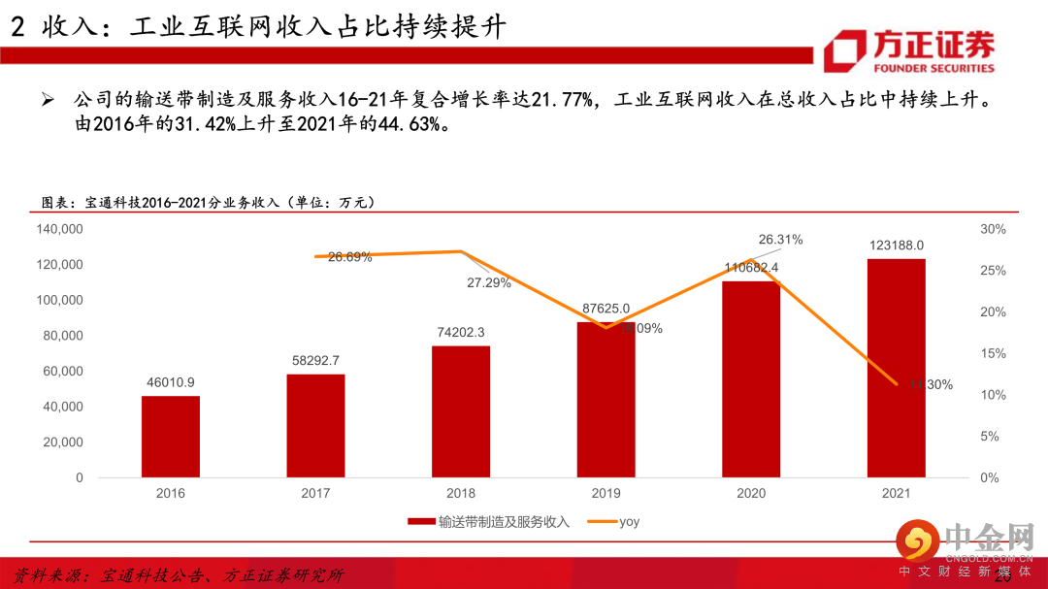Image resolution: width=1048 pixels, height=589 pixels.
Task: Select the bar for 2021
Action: click(896, 369)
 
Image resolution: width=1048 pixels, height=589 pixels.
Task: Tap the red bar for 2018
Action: click(461, 411)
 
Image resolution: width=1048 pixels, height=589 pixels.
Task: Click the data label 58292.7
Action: click(315, 360)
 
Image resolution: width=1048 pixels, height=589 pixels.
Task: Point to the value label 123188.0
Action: click(896, 245)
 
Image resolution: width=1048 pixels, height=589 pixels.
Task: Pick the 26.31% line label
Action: click(780, 240)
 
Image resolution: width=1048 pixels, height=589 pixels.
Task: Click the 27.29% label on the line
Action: click(489, 283)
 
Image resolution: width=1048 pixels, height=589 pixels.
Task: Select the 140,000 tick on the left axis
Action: click(60, 229)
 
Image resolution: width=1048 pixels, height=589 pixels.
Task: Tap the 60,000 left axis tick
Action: click(64, 372)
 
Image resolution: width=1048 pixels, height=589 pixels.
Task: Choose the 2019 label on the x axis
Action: click(606, 493)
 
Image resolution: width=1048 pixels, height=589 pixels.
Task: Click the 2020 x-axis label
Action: click(751, 493)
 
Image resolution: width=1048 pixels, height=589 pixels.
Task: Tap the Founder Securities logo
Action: click(909, 51)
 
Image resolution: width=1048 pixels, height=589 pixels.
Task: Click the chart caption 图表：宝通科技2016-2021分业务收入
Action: click(209, 202)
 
